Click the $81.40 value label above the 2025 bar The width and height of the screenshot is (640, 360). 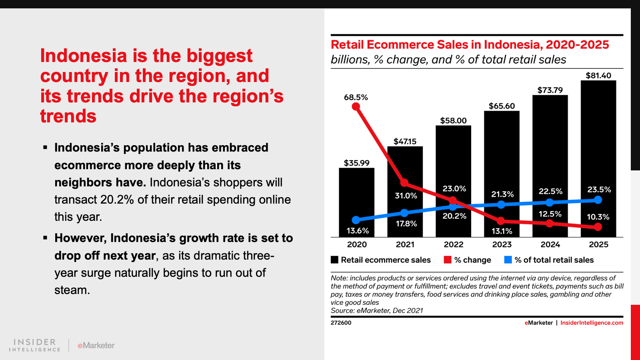[598, 75]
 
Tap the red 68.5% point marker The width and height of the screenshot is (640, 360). [356, 106]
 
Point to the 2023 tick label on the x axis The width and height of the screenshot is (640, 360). [502, 244]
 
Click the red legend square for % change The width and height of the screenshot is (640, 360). [448, 260]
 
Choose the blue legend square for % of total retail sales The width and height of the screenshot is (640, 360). [508, 260]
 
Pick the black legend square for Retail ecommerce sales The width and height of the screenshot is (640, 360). [335, 260]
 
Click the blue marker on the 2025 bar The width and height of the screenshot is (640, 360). [598, 200]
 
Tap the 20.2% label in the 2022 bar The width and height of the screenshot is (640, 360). [454, 216]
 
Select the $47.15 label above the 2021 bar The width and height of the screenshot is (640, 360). [405, 141]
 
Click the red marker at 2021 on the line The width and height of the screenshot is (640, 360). [404, 183]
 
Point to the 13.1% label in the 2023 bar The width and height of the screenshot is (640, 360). [502, 231]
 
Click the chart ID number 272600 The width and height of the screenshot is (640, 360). [341, 323]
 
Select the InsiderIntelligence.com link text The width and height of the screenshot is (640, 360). [592, 323]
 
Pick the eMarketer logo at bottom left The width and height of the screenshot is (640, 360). [96, 345]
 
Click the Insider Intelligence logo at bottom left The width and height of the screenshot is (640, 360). [35, 345]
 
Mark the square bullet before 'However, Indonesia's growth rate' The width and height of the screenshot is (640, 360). [45, 238]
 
